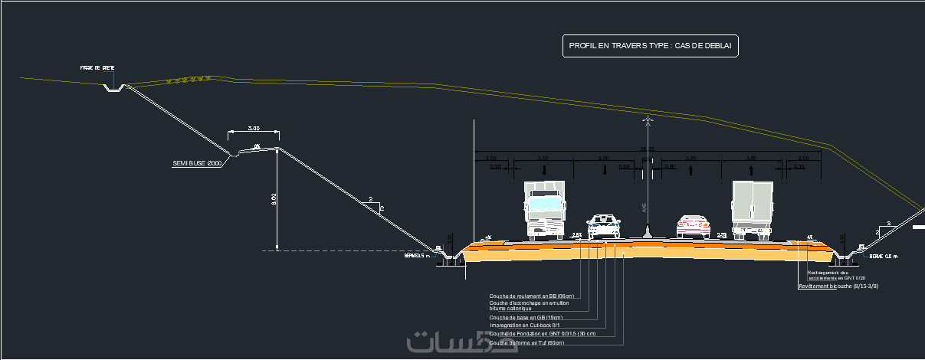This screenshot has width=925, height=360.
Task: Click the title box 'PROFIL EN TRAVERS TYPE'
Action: click(650, 47)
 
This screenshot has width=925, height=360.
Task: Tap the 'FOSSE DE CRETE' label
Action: click(97, 68)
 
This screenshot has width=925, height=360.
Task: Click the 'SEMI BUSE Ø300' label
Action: click(197, 163)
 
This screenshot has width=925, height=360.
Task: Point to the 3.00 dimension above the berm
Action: click(254, 129)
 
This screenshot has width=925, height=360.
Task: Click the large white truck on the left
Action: click(544, 210)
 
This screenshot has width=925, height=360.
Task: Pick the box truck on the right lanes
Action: click(751, 209)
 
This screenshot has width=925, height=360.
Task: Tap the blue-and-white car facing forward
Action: click(604, 226)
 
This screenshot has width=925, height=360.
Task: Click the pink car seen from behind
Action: click(693, 226)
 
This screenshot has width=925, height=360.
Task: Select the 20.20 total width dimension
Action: click(648, 149)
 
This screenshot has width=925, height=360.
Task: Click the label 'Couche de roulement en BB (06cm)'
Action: click(531, 296)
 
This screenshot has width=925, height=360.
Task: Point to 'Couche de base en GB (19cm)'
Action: click(526, 317)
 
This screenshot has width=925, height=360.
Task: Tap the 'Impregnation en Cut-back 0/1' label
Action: click(524, 326)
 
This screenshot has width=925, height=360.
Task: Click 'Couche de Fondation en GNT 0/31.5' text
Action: click(542, 334)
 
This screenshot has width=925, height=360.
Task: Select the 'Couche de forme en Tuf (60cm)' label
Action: click(526, 343)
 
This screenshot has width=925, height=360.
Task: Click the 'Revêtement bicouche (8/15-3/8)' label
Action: click(838, 286)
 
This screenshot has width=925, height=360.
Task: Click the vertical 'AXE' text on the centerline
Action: click(645, 207)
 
